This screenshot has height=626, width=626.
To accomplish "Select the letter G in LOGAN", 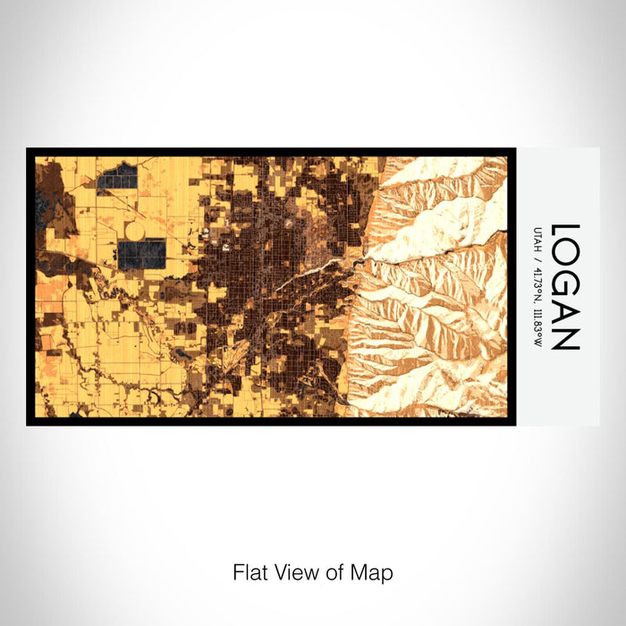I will (566, 283).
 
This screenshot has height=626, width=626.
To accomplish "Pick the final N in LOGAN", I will (566, 337).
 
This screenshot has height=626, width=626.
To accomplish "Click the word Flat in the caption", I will (250, 572).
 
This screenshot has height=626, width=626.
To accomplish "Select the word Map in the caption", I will (370, 572).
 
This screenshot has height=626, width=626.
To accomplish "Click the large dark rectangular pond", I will (141, 255).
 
